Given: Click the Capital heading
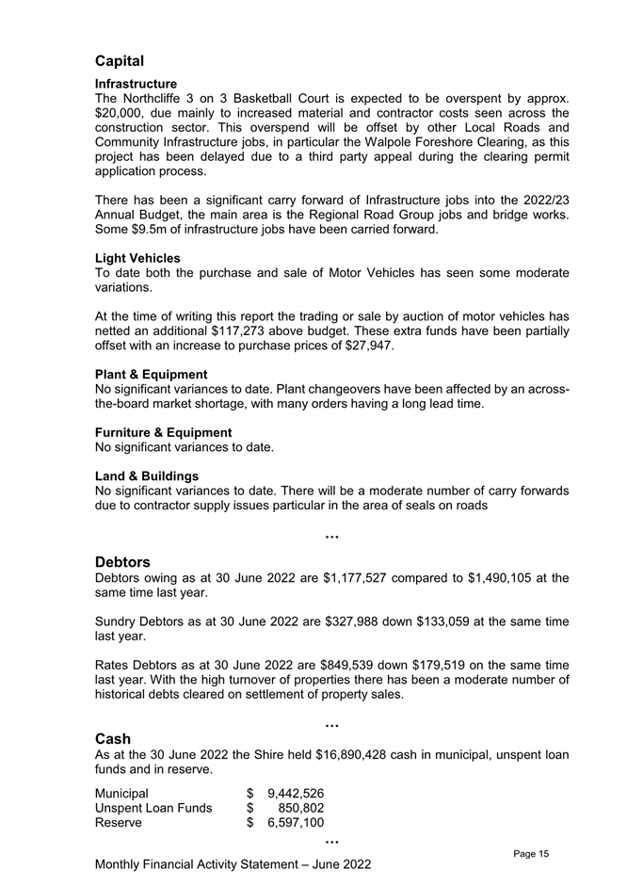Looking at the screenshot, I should (120, 61).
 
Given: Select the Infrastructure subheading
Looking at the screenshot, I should (137, 84).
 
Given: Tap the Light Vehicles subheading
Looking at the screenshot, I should (138, 258).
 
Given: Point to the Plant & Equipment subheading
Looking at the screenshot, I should (152, 375).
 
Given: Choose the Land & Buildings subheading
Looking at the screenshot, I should (147, 476).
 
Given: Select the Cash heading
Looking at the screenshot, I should (113, 738).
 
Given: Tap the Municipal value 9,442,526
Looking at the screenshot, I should (297, 793).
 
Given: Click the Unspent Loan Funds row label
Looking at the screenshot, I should (154, 808).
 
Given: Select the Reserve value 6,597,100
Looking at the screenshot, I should (297, 823).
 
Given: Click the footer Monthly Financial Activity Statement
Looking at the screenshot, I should (233, 864).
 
